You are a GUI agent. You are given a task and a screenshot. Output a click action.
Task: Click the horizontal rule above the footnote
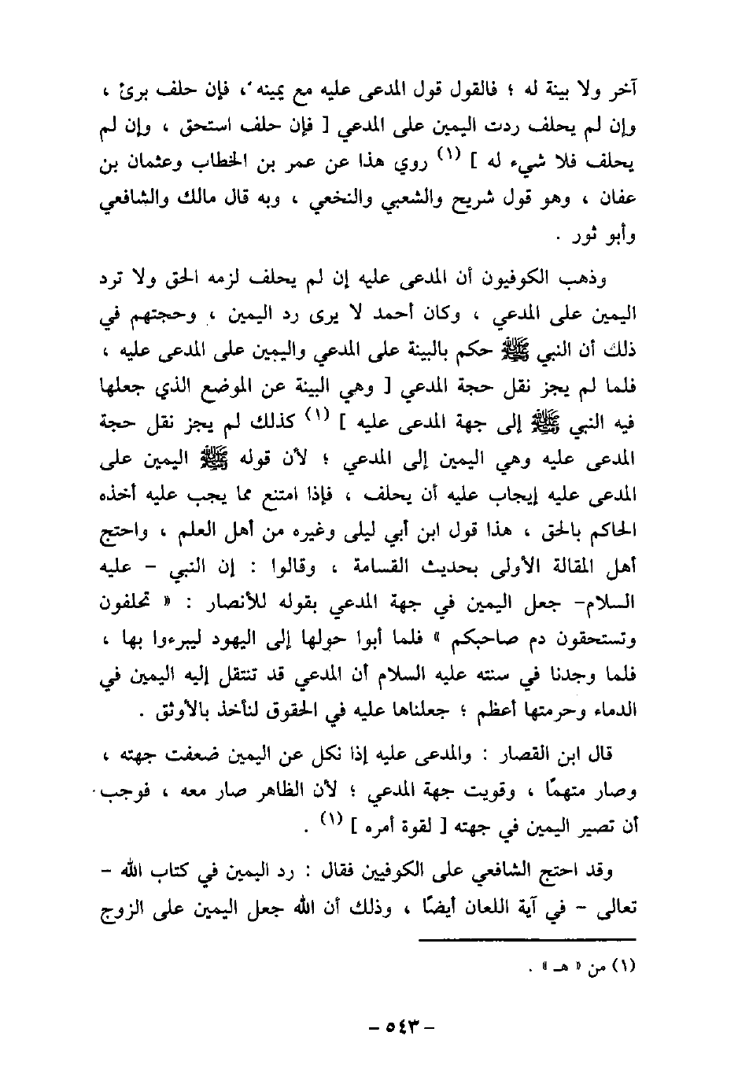point(526,938)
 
